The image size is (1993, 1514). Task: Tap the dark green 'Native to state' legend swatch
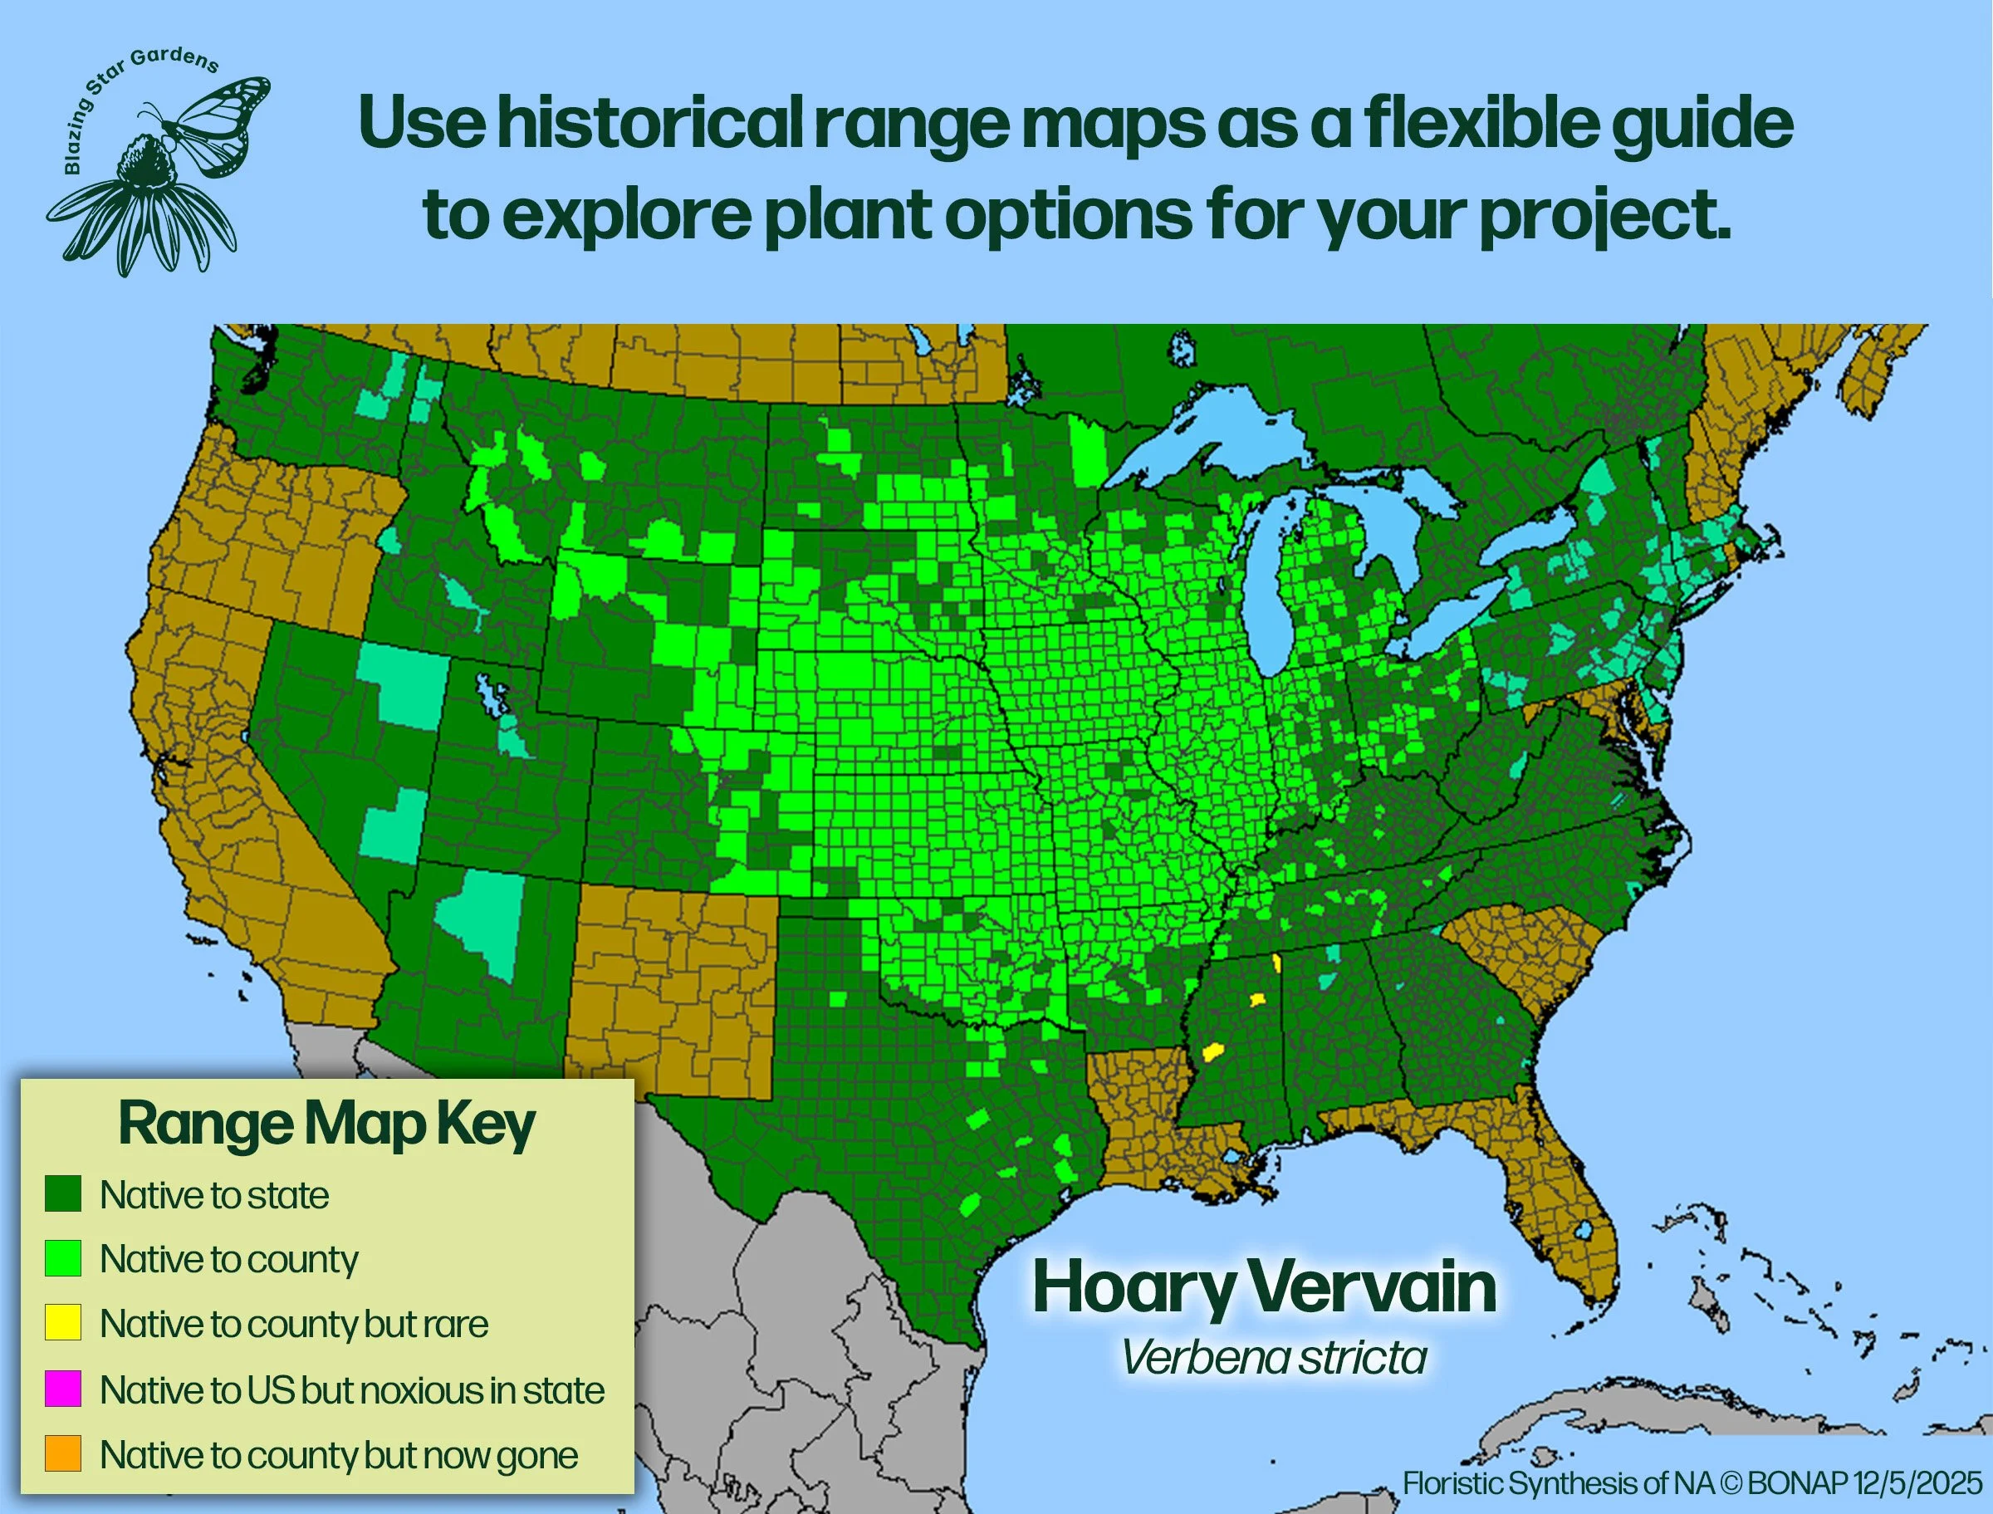(63, 1194)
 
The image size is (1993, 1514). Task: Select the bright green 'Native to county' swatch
(63, 1258)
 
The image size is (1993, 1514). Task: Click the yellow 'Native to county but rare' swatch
(63, 1323)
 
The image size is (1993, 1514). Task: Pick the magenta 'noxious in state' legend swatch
(63, 1389)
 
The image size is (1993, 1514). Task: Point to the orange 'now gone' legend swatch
(63, 1453)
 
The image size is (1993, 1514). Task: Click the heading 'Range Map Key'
(326, 1124)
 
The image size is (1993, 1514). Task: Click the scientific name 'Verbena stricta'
(1274, 1357)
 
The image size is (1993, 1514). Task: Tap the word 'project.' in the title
(1604, 216)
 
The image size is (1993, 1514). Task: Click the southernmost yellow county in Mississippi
(1212, 1052)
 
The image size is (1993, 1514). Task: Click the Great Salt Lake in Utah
(491, 695)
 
